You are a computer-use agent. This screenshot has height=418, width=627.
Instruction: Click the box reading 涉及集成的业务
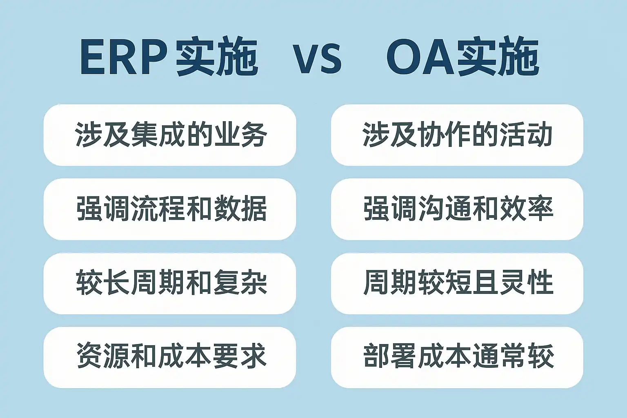click(170, 135)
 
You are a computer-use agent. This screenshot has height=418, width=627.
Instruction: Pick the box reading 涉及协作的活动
click(457, 135)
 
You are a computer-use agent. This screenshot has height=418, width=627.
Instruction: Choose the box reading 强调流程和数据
click(170, 209)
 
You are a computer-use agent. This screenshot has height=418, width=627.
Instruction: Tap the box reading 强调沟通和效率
click(457, 209)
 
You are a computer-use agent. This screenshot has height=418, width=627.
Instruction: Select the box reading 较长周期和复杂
click(170, 283)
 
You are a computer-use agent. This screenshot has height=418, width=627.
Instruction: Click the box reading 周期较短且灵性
click(457, 283)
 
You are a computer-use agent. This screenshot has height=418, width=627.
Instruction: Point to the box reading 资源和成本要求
click(170, 357)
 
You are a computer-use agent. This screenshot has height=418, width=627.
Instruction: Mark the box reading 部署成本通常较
click(457, 357)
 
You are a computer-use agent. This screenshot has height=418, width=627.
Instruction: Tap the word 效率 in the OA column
click(527, 209)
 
